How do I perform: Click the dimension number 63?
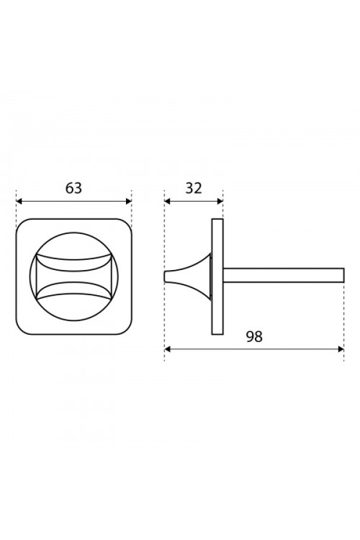click(x=74, y=188)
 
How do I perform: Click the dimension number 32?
click(x=194, y=188)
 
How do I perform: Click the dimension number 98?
click(x=254, y=337)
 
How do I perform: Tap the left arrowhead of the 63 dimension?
click(x=19, y=202)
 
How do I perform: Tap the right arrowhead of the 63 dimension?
click(x=129, y=202)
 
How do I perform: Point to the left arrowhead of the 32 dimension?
click(x=167, y=202)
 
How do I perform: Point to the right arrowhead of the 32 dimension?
click(x=220, y=202)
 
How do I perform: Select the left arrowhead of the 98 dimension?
click(x=167, y=349)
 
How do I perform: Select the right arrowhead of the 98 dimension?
click(x=341, y=349)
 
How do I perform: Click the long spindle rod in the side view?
click(x=284, y=275)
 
